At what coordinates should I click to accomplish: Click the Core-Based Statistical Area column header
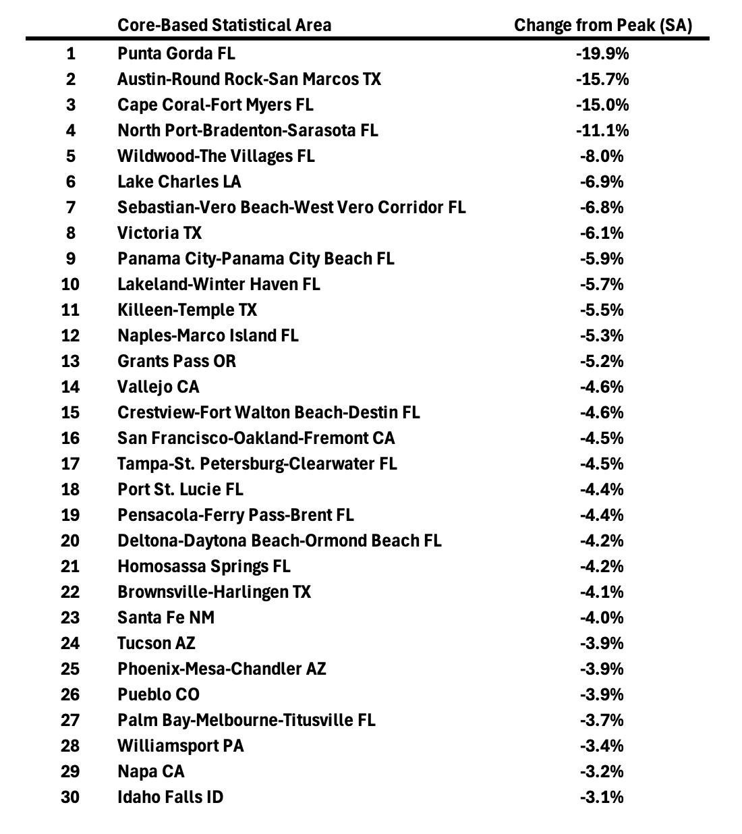click(x=224, y=25)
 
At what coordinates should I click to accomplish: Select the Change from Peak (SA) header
click(x=602, y=25)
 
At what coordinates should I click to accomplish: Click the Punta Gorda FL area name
click(x=176, y=53)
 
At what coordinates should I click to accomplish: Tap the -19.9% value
click(x=602, y=53)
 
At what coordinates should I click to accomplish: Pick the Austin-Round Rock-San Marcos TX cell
click(x=249, y=79)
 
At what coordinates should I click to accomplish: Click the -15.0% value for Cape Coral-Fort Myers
click(x=602, y=105)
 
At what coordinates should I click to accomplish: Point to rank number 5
click(x=71, y=156)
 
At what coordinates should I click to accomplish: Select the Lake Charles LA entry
click(x=179, y=182)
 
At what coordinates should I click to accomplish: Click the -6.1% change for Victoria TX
click(x=602, y=233)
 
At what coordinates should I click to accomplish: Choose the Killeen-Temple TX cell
click(x=187, y=310)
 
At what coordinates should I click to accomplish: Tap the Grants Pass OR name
click(x=177, y=361)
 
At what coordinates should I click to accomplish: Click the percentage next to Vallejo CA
click(x=602, y=387)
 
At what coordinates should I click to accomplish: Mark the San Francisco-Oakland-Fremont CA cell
click(x=256, y=438)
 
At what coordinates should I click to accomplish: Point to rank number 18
click(x=70, y=489)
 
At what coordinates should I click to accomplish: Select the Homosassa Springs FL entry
click(x=204, y=566)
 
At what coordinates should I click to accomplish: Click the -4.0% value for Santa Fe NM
click(x=602, y=617)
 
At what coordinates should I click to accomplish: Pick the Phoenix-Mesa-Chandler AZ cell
click(x=221, y=669)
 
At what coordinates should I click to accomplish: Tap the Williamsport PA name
click(x=180, y=746)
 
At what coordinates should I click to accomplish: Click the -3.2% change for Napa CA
click(x=602, y=771)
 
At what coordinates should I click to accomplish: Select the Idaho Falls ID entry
click(x=170, y=797)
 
